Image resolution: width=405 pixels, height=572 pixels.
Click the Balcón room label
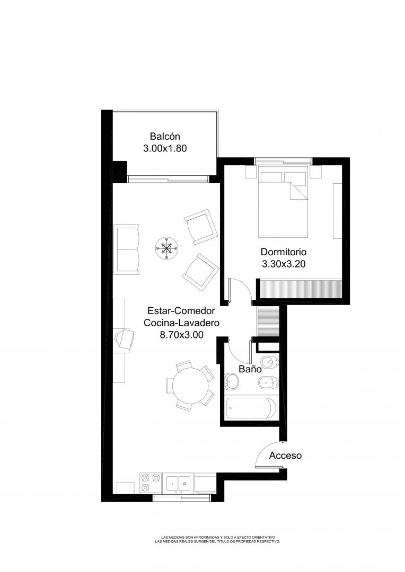(165, 137)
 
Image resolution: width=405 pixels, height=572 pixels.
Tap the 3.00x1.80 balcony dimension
(165, 148)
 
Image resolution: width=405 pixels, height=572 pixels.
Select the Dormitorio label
(284, 252)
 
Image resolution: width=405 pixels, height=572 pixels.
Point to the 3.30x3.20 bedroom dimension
(284, 264)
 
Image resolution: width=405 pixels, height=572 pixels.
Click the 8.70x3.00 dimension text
(181, 335)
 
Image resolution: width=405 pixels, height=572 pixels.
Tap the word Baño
(250, 369)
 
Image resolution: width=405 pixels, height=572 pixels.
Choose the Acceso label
(286, 455)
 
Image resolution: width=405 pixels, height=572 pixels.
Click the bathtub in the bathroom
(251, 408)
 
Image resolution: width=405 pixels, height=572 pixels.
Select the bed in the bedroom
(283, 201)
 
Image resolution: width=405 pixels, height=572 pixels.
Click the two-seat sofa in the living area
(127, 249)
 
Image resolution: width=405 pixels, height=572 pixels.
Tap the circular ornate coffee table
(166, 248)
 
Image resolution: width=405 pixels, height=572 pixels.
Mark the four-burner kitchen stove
(151, 483)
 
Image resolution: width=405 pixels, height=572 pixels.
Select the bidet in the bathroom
(268, 383)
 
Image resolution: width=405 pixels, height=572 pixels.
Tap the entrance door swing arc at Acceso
(263, 449)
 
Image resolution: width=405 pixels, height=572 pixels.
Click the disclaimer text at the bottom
(218, 540)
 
